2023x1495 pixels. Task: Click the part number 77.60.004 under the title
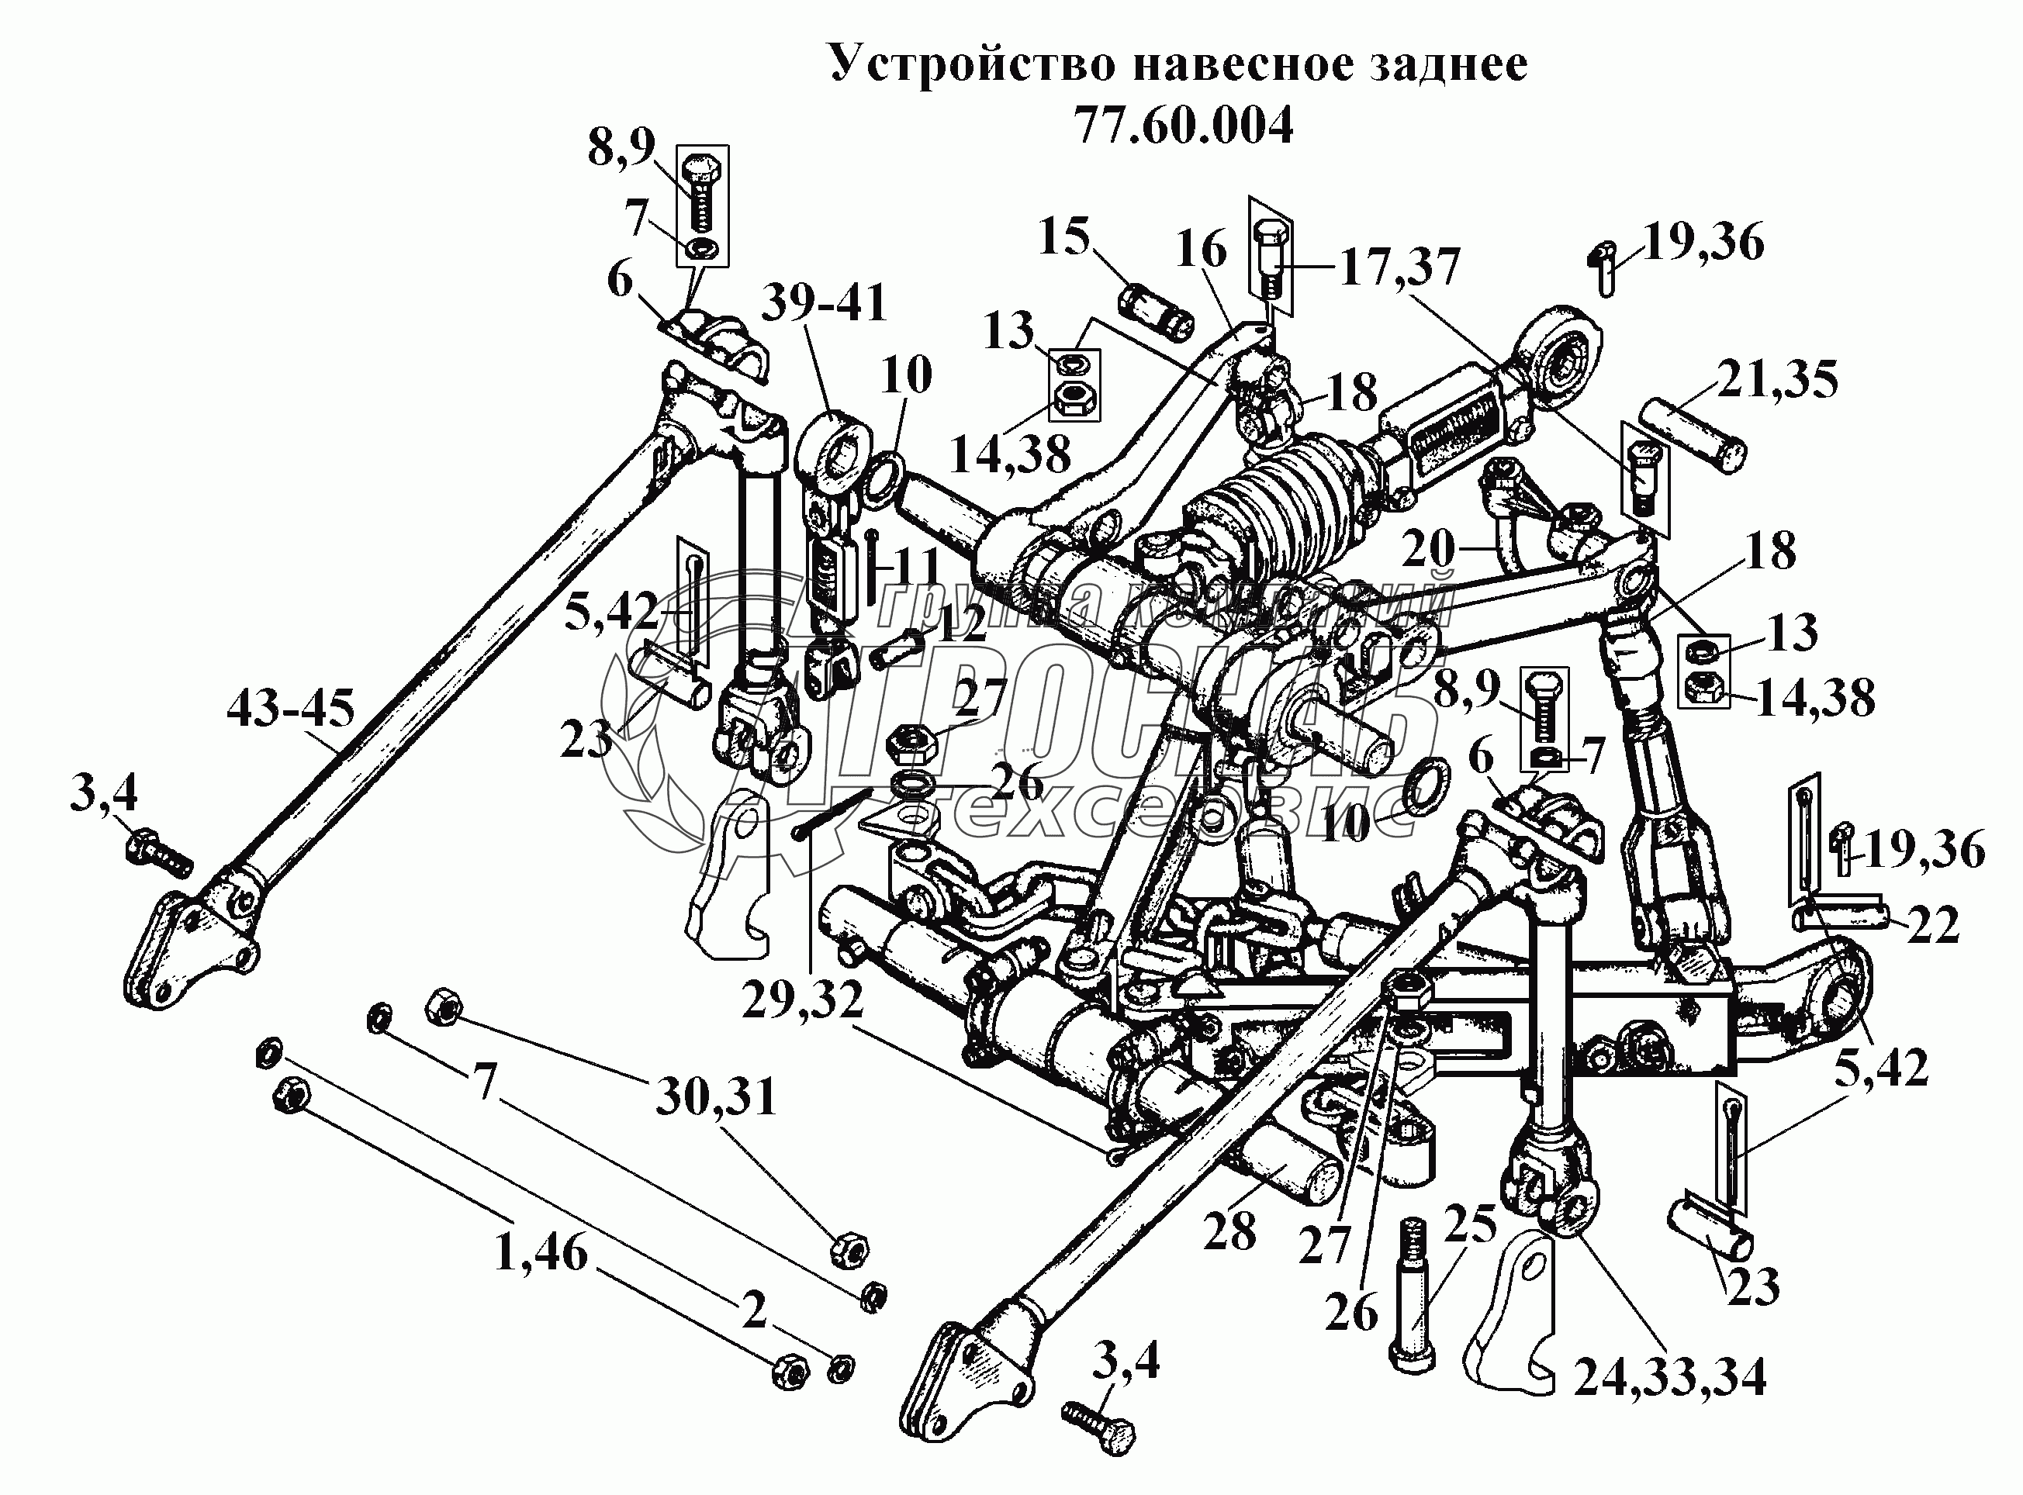[1184, 126]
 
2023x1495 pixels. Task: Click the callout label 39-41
[824, 303]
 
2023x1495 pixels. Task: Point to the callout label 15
[1063, 237]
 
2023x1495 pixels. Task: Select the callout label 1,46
[541, 1255]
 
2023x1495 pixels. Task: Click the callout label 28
[1229, 1231]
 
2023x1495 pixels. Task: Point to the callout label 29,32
[803, 999]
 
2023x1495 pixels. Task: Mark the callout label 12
[960, 624]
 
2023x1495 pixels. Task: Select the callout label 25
[1471, 1225]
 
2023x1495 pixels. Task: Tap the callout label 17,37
[1399, 268]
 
